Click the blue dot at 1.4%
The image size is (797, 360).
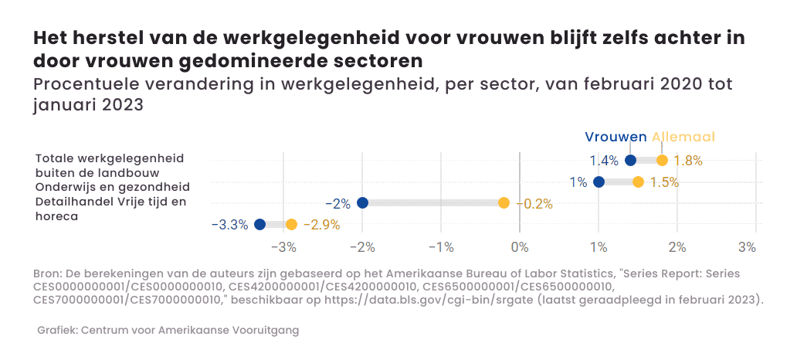click(x=630, y=161)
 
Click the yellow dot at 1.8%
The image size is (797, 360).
click(x=662, y=161)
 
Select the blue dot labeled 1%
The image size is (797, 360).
click(x=599, y=182)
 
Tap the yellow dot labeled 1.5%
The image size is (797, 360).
click(x=638, y=182)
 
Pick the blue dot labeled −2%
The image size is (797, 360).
click(x=362, y=203)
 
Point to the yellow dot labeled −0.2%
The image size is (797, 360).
click(x=504, y=203)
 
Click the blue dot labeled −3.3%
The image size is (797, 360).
click(x=259, y=225)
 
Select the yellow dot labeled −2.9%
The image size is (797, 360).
click(x=291, y=225)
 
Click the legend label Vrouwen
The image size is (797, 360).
click(x=616, y=137)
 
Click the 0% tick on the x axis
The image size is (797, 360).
click(x=520, y=247)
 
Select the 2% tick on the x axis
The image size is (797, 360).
click(x=677, y=247)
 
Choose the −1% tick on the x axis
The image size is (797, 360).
click(x=441, y=247)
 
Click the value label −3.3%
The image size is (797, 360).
click(x=229, y=225)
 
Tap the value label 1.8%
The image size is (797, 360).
click(x=688, y=161)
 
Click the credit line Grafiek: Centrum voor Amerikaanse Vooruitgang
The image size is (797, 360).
click(x=168, y=330)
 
